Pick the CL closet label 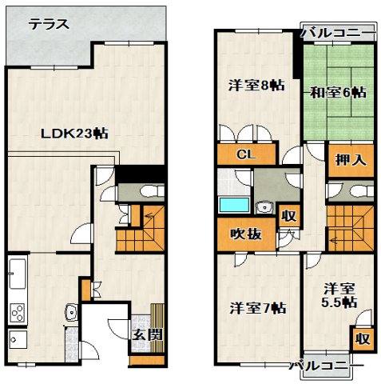(245, 155)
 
